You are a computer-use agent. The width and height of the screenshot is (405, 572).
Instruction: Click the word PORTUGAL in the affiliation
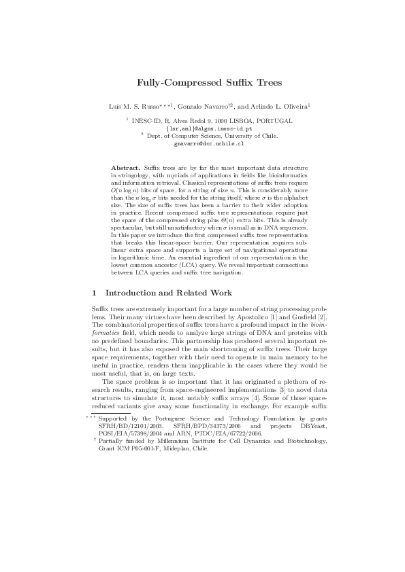pos(274,120)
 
